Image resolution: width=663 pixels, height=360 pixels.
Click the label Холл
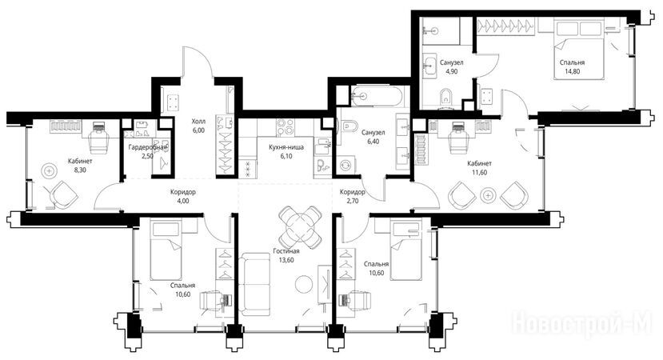point(198,122)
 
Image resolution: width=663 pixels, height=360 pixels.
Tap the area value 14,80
point(572,71)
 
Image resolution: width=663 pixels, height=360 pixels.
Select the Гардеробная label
point(148,147)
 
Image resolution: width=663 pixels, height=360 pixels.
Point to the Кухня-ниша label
point(286,147)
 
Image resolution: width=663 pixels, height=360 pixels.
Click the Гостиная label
point(286,251)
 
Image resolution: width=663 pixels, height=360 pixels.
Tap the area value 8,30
point(80,170)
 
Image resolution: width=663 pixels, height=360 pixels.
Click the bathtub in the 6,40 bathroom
point(374,97)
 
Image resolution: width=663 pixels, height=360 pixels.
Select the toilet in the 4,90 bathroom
point(445,98)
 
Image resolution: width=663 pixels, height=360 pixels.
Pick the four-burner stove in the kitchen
point(286,126)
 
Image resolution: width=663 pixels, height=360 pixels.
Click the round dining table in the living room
point(301,227)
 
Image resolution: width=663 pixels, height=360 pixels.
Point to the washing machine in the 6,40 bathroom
point(345,163)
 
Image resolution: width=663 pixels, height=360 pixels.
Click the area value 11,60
point(480,172)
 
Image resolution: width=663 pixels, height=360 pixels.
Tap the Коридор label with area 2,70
point(352,192)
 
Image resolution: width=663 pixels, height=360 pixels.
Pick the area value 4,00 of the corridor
point(183,201)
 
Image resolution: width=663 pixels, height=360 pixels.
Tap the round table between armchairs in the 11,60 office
point(489,195)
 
